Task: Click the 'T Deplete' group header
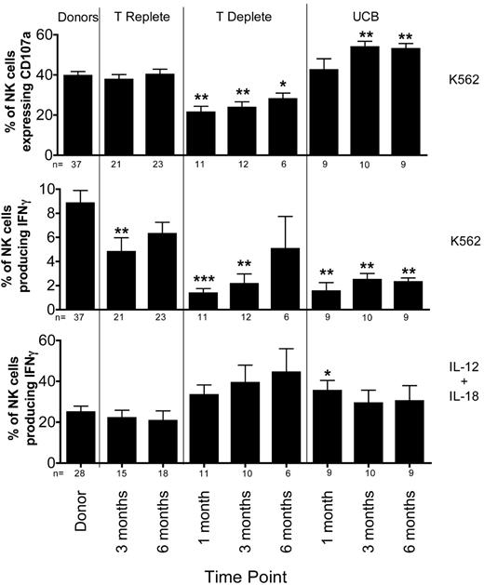244,17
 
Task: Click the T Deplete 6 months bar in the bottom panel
285,418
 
